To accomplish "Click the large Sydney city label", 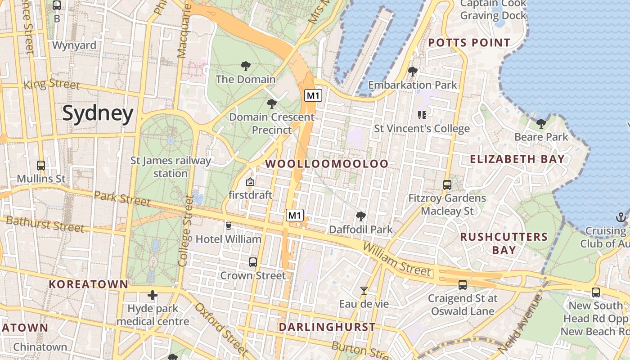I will [x=98, y=113].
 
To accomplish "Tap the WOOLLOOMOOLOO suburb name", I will [x=327, y=164].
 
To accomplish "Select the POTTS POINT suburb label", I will [x=469, y=43].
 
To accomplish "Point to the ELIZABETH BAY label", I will [x=517, y=159].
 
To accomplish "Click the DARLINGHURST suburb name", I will [x=327, y=327].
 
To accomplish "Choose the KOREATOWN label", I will [x=88, y=284].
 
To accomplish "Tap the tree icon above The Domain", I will [x=245, y=67].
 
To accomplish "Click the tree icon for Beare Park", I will [x=541, y=124].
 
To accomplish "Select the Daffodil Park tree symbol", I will [x=360, y=216].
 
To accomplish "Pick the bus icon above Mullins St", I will [x=41, y=165].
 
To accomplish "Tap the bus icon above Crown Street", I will [x=253, y=262].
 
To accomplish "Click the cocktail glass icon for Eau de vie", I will [x=364, y=291].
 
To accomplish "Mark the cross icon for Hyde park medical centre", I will [x=153, y=295].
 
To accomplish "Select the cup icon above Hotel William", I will [x=228, y=225].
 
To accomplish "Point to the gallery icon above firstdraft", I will [x=250, y=182].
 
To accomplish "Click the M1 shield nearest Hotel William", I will [x=294, y=215].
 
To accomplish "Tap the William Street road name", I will [x=396, y=260].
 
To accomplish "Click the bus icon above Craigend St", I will [x=462, y=284].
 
